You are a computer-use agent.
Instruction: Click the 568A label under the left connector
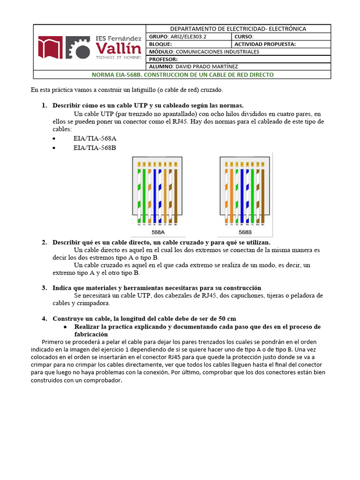coord(158,232)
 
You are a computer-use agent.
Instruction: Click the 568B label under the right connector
coord(245,232)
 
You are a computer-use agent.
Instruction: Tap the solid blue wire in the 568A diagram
coord(155,192)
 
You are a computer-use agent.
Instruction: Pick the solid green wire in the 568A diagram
coord(144,192)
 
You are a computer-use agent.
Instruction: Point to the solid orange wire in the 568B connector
coord(231,192)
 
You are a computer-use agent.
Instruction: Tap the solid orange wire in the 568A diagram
coord(165,192)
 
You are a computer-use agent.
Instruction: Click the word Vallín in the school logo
coord(118,48)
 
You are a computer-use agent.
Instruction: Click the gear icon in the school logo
coord(78,48)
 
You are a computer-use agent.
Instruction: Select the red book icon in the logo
coord(50,48)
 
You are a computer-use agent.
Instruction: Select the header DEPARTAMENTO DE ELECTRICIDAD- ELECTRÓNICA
coord(238,29)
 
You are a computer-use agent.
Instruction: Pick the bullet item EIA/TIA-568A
coord(95,139)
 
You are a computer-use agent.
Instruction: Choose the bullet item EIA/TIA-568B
coord(95,148)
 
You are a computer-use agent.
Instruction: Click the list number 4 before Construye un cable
coord(44,319)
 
